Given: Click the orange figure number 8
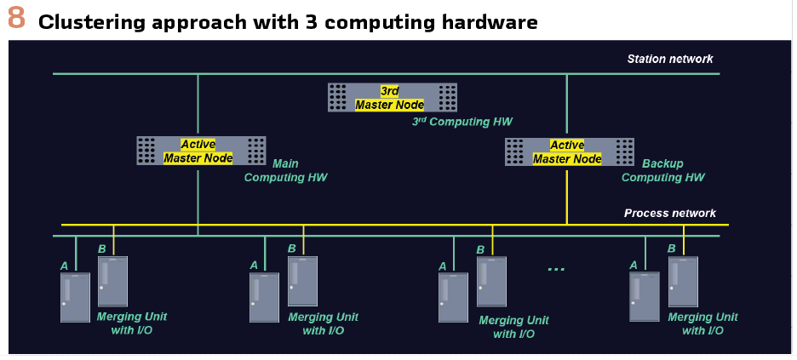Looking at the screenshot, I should pos(15,20).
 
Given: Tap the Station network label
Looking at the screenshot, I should pos(669,59).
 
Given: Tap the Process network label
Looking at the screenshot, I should pos(669,213).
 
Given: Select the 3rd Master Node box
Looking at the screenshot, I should pos(393,97).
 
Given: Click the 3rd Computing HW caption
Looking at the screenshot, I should pos(462,122).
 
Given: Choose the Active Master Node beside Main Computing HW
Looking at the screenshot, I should pos(201,151).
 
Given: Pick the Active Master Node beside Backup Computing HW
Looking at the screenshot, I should pos(569,151).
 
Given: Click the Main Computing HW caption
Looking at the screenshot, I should pos(285,171).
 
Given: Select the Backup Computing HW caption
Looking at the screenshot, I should pos(662,171).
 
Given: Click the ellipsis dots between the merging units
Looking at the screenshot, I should pos(556,269).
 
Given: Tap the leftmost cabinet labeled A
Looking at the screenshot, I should pos(75,297).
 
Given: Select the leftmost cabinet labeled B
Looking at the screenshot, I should pos(112,281).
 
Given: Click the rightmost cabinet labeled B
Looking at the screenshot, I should pos(683,281).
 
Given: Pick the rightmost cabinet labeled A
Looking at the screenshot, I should pos(645,297).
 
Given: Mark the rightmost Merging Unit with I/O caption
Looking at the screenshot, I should pos(702,323).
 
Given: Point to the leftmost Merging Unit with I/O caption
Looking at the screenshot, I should pos(132,323).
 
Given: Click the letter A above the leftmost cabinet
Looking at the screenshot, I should pos(64,266).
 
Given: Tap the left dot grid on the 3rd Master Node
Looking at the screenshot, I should pos(338,97).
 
